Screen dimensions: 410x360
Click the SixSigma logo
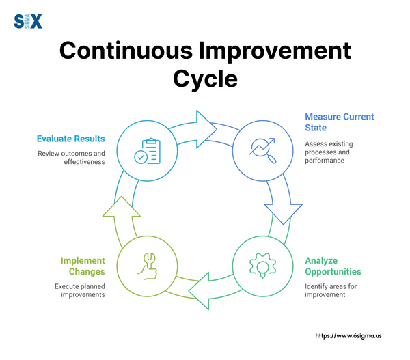28,21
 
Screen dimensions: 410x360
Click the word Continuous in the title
126,51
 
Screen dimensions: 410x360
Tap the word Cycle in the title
205,79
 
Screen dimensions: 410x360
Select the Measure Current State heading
340,122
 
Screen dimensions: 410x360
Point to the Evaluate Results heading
70,139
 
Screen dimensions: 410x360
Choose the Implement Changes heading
83,266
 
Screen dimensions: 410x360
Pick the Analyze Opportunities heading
333,266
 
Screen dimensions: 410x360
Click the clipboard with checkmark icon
147,151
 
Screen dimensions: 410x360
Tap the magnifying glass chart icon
262,150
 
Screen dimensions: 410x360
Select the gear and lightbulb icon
262,266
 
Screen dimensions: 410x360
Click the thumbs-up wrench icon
147,266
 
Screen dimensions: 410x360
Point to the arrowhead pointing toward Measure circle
206,129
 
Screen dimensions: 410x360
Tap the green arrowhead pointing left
199,291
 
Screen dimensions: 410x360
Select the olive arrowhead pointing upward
122,206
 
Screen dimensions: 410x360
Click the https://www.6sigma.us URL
348,336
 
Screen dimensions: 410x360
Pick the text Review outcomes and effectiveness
71,158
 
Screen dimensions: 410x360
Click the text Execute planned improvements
80,290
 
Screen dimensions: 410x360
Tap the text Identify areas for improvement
331,290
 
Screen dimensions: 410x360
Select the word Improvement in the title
275,51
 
